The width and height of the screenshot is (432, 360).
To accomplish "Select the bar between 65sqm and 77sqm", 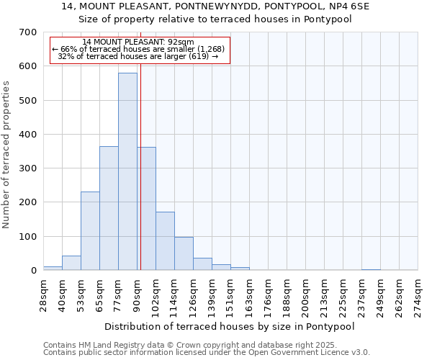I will click(109, 208).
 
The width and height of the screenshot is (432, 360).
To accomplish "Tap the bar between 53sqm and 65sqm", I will click(90, 230).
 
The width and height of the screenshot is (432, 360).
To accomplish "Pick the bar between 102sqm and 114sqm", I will click(165, 241).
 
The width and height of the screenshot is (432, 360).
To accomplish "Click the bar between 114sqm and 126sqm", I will click(184, 253).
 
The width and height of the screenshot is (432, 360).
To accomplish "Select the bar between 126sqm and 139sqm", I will click(202, 264).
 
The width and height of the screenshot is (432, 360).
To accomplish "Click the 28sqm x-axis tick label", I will click(43, 294).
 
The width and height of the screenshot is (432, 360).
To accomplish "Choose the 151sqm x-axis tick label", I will click(231, 294).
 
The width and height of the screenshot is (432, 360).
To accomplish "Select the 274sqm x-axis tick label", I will click(418, 294).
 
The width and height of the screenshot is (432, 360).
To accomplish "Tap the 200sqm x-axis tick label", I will click(306, 294).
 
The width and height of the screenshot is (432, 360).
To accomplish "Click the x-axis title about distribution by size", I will click(230, 326).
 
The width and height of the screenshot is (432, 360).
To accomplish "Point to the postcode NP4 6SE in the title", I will click(329, 6).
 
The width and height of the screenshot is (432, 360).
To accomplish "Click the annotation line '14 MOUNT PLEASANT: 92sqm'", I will click(138, 42).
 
